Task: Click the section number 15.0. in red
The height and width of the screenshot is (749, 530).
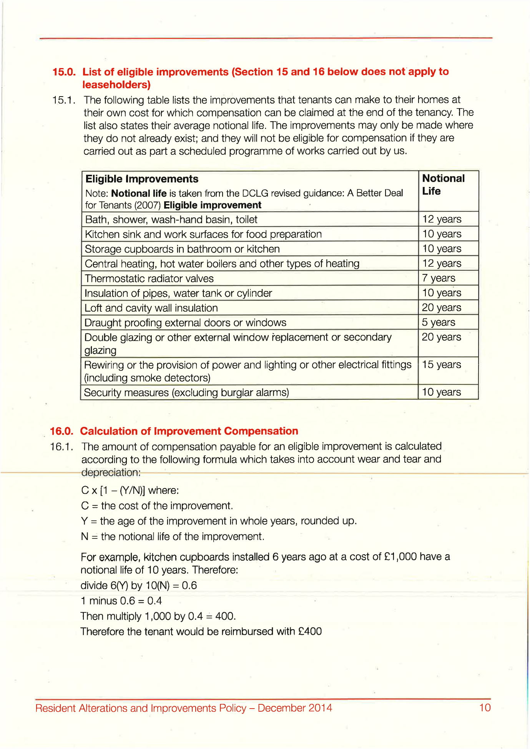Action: click(64, 72)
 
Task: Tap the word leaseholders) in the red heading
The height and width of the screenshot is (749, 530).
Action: click(116, 85)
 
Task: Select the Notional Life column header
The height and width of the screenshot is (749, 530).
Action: click(443, 185)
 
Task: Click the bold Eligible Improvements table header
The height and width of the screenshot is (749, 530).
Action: click(142, 179)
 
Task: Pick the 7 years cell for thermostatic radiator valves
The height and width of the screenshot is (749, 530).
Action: click(439, 278)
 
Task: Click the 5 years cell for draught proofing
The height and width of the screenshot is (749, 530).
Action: click(439, 322)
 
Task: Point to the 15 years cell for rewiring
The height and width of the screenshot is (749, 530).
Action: click(442, 364)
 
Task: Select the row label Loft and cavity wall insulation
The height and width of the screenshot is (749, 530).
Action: click(151, 308)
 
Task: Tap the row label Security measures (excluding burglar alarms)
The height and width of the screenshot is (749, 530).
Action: click(186, 393)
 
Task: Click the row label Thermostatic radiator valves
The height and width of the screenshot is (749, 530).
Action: click(149, 278)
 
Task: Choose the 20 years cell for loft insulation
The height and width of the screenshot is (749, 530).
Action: click(442, 308)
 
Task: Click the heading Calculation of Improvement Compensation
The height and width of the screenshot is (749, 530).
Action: click(189, 431)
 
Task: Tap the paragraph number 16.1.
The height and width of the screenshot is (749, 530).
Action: click(61, 447)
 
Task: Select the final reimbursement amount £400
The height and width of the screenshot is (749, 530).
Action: click(310, 632)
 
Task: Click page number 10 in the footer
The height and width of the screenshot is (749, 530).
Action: click(485, 708)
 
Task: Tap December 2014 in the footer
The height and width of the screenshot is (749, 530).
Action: click(295, 708)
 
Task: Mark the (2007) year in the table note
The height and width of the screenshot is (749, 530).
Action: click(147, 205)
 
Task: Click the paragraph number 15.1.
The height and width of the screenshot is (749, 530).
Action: click(63, 100)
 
